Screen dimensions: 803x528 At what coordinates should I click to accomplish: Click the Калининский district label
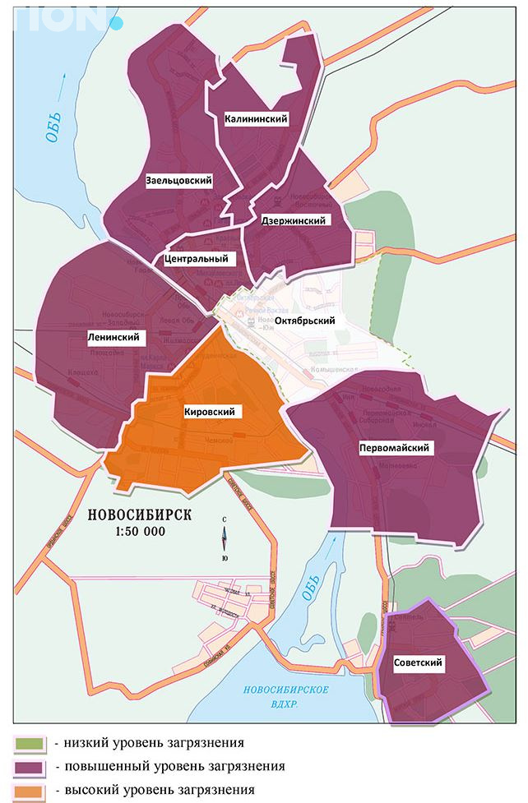[256, 120]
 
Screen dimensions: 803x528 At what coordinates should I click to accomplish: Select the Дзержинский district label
[293, 221]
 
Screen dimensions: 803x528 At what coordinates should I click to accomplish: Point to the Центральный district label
[195, 259]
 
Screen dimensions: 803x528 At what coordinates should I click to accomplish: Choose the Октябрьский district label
[304, 320]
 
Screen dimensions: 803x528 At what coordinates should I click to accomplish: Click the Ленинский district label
[113, 338]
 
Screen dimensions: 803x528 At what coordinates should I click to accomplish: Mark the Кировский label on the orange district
[210, 411]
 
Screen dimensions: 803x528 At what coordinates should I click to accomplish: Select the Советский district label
[418, 662]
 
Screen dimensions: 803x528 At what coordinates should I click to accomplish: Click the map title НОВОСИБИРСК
[138, 515]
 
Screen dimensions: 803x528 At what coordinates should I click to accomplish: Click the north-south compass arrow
[225, 539]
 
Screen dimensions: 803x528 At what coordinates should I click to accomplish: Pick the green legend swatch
[29, 745]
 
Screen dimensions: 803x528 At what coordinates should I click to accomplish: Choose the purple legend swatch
[29, 768]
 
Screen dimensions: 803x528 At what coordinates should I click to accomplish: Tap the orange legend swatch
[29, 791]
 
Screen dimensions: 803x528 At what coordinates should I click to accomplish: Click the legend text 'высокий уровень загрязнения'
[155, 791]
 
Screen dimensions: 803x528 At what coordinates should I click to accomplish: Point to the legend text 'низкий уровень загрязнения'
[149, 744]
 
